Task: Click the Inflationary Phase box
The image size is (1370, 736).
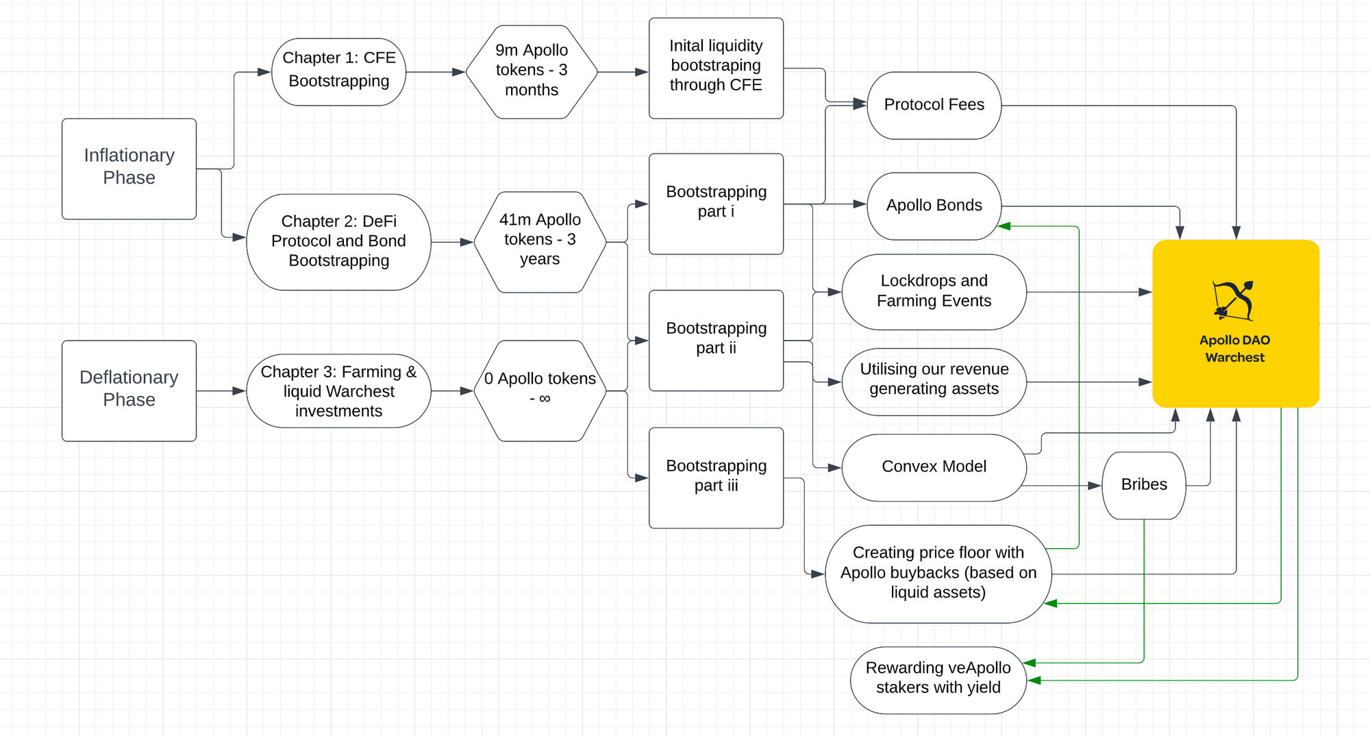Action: pos(129,169)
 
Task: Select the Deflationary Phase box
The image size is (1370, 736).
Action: pos(129,391)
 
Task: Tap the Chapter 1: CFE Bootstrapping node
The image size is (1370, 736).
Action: pos(339,71)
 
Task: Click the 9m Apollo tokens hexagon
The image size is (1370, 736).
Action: pos(532,71)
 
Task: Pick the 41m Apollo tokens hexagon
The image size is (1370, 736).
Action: pos(540,242)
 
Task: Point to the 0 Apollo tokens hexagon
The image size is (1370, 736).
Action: pos(540,391)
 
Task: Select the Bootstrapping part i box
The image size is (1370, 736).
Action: pos(716,204)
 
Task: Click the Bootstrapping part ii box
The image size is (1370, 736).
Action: pos(716,341)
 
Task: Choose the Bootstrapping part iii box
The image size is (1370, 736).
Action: pos(716,478)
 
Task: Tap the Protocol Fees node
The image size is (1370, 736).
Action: pos(934,106)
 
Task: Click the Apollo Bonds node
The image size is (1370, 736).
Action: pos(934,206)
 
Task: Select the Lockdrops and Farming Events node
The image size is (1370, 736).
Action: pos(934,292)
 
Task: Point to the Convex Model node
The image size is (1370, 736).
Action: pos(934,467)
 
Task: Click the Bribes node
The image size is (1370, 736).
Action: pos(1144,485)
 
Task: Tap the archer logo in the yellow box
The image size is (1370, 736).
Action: pos(1234,300)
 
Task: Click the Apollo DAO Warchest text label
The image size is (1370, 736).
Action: pos(1235,348)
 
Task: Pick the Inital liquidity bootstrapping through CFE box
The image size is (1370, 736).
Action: pos(716,68)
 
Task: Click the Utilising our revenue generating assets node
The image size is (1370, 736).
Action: pos(934,382)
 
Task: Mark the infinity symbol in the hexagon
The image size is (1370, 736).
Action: pos(545,399)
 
